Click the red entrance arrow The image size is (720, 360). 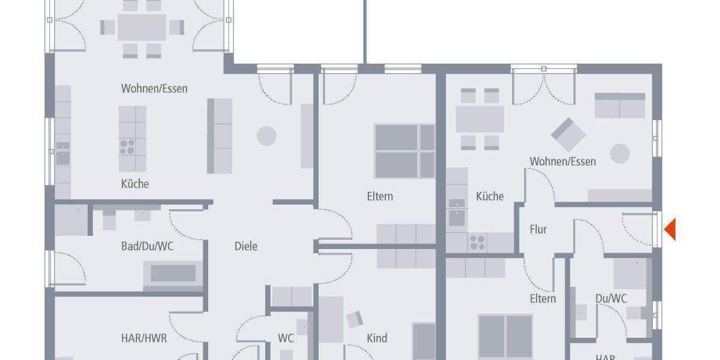[670, 229]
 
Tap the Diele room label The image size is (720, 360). [246, 246]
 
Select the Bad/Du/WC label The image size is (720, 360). [148, 246]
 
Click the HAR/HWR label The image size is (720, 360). [144, 338]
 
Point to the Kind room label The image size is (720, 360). [377, 338]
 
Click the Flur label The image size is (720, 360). [538, 229]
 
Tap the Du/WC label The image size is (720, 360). [611, 298]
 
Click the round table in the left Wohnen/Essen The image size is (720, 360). [266, 136]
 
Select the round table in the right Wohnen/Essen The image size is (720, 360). [620, 154]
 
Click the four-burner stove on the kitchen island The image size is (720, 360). [128, 147]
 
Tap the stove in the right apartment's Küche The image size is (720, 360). [478, 242]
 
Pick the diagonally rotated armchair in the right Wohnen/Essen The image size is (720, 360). [568, 134]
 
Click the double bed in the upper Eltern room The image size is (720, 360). [404, 151]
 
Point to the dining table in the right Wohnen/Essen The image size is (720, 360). [479, 119]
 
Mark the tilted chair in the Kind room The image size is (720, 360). [355, 319]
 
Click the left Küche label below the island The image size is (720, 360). [135, 184]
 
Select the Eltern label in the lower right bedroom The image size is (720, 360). [542, 298]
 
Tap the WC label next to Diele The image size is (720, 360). [286, 338]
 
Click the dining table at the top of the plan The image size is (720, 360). [142, 27]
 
